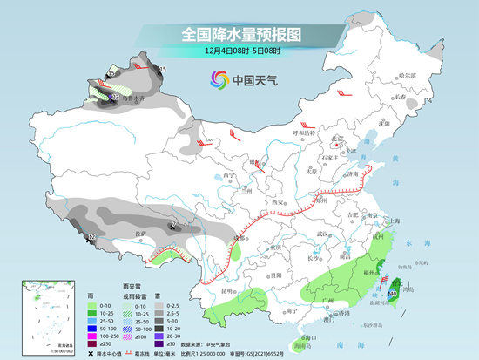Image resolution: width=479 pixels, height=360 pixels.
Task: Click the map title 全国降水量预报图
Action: click(x=239, y=34)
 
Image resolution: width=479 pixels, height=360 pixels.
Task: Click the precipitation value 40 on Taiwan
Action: click(x=394, y=294)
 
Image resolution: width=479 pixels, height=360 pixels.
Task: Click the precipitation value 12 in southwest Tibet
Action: click(x=92, y=237)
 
